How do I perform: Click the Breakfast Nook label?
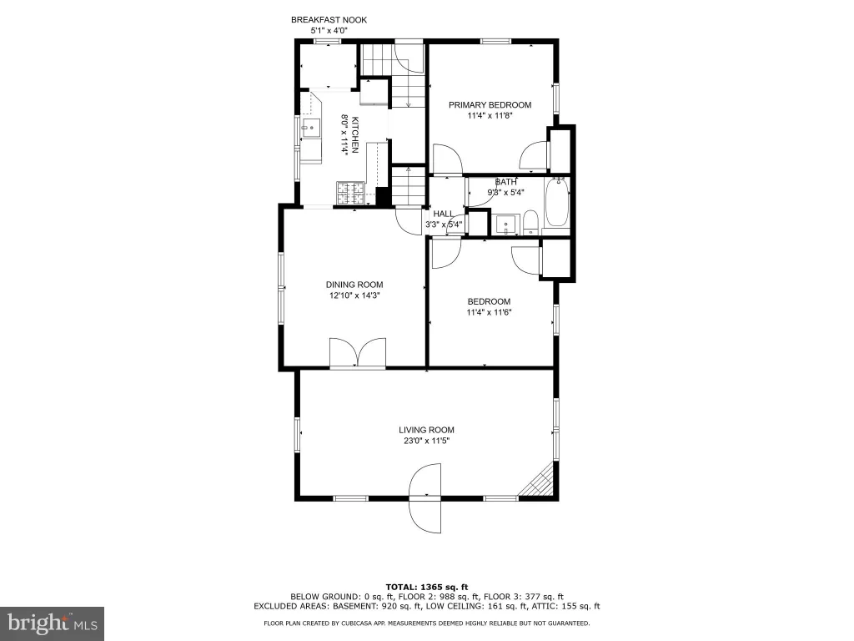click(329, 20)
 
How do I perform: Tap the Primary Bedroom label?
click(490, 104)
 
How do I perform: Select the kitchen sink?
click(311, 128)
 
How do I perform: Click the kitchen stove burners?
click(351, 193)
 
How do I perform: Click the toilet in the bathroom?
click(530, 224)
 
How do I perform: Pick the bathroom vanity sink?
click(506, 224)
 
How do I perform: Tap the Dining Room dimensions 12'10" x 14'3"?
click(354, 295)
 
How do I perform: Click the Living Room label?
click(426, 430)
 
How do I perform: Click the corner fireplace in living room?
click(538, 482)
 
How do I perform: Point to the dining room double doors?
click(358, 352)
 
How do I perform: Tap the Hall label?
click(444, 214)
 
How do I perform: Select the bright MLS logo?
click(53, 622)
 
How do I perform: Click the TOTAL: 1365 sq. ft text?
click(427, 587)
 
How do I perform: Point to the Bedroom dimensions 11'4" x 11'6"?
click(489, 312)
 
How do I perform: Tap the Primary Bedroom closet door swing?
click(535, 156)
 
